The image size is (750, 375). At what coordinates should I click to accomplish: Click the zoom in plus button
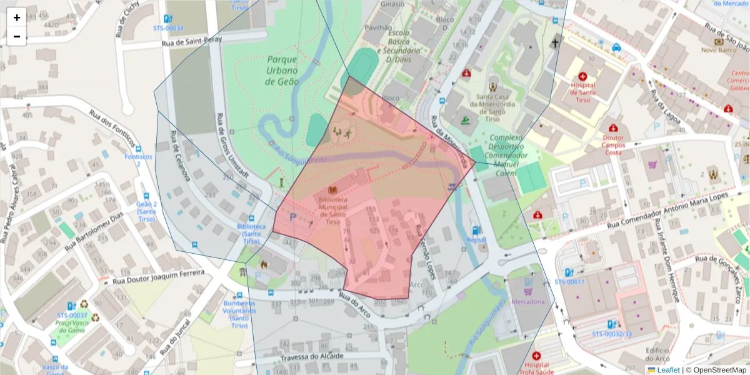[17, 17]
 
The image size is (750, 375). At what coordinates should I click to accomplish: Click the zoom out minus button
[17, 36]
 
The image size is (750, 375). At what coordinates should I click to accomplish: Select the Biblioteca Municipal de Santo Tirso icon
[332, 189]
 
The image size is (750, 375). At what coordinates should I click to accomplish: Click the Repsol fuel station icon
[476, 230]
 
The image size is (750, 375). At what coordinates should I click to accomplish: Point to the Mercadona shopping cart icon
[528, 291]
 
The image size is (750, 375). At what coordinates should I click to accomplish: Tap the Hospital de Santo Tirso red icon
[582, 76]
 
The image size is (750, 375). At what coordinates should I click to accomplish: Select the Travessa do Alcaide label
[312, 356]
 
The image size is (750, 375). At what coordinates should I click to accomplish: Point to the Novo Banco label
[717, 49]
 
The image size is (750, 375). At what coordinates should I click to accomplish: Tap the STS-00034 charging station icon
[167, 19]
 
